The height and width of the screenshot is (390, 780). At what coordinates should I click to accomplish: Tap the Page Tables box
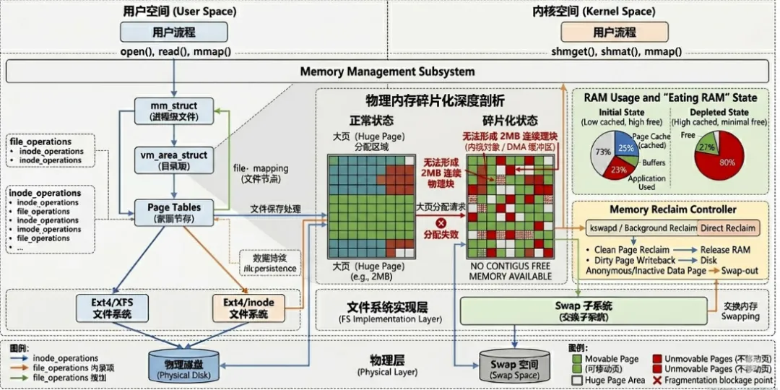tap(174, 212)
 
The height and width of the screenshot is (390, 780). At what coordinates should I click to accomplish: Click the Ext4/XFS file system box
tap(111, 308)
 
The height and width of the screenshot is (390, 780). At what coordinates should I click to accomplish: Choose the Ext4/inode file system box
tap(248, 308)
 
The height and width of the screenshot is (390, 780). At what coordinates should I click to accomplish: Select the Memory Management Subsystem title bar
tap(387, 71)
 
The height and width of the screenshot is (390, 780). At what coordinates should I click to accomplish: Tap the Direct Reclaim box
tap(728, 228)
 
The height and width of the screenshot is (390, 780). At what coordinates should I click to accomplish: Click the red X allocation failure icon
tap(441, 223)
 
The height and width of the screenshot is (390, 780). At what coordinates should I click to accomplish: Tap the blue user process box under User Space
tap(173, 32)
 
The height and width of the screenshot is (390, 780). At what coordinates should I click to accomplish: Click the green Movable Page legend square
tap(576, 358)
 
